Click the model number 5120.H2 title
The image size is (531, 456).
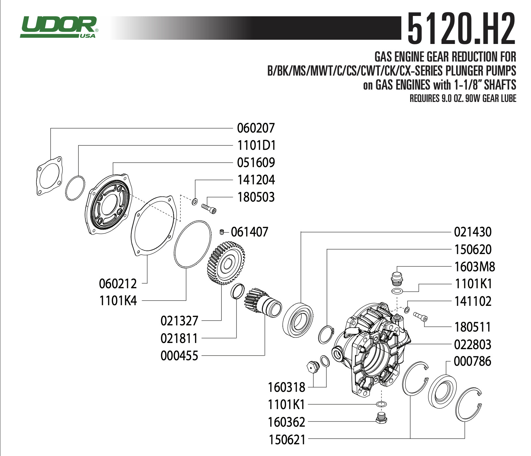tap(461, 29)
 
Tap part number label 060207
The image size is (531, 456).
tap(256, 128)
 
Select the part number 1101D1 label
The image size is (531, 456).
tap(256, 145)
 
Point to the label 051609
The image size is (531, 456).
tap(256, 163)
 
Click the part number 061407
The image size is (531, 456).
tap(249, 232)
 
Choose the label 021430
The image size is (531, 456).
tap(472, 232)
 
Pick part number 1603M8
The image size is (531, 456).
tap(474, 267)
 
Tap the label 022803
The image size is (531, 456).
tap(472, 345)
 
